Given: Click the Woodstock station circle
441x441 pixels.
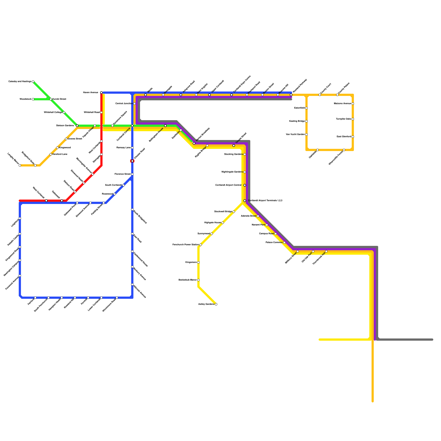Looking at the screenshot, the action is [x=33, y=99].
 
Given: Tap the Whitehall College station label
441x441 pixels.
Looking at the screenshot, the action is [x=53, y=112].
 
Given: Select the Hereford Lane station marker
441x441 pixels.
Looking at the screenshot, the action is [x=51, y=154].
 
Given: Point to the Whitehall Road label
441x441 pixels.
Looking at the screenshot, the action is [x=92, y=112].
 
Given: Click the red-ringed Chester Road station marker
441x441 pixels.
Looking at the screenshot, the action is [x=132, y=161].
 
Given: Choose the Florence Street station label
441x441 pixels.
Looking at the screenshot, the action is [x=123, y=174].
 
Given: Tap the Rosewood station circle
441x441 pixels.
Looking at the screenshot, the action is [x=115, y=194].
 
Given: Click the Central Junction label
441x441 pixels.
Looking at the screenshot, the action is [x=124, y=104].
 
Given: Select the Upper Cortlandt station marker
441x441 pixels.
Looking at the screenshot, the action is [x=209, y=95].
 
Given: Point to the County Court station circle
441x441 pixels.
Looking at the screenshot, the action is [x=320, y=95].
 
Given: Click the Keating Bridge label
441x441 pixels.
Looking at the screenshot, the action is [x=297, y=121].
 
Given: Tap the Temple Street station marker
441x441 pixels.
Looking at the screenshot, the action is [x=234, y=146].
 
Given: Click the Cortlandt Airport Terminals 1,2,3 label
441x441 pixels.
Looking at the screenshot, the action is [x=265, y=201].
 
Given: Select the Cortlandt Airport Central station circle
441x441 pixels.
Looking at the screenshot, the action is [x=245, y=185].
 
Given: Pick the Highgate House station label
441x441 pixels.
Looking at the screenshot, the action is [x=213, y=223].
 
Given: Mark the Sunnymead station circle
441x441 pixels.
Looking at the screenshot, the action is [x=212, y=234].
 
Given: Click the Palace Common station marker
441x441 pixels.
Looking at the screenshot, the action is [x=284, y=243].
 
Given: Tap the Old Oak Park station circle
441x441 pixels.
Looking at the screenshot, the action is [x=313, y=251].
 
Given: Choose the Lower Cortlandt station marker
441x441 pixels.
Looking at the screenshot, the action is [x=101, y=298].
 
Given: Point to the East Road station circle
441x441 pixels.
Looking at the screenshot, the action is [x=132, y=234].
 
